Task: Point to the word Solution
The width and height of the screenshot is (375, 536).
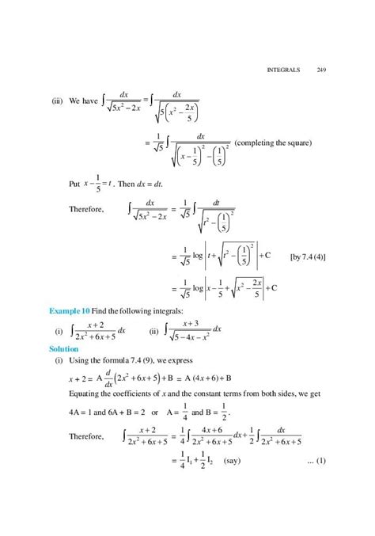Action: pos(64,348)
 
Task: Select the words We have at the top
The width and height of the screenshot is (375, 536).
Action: pos(83,101)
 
